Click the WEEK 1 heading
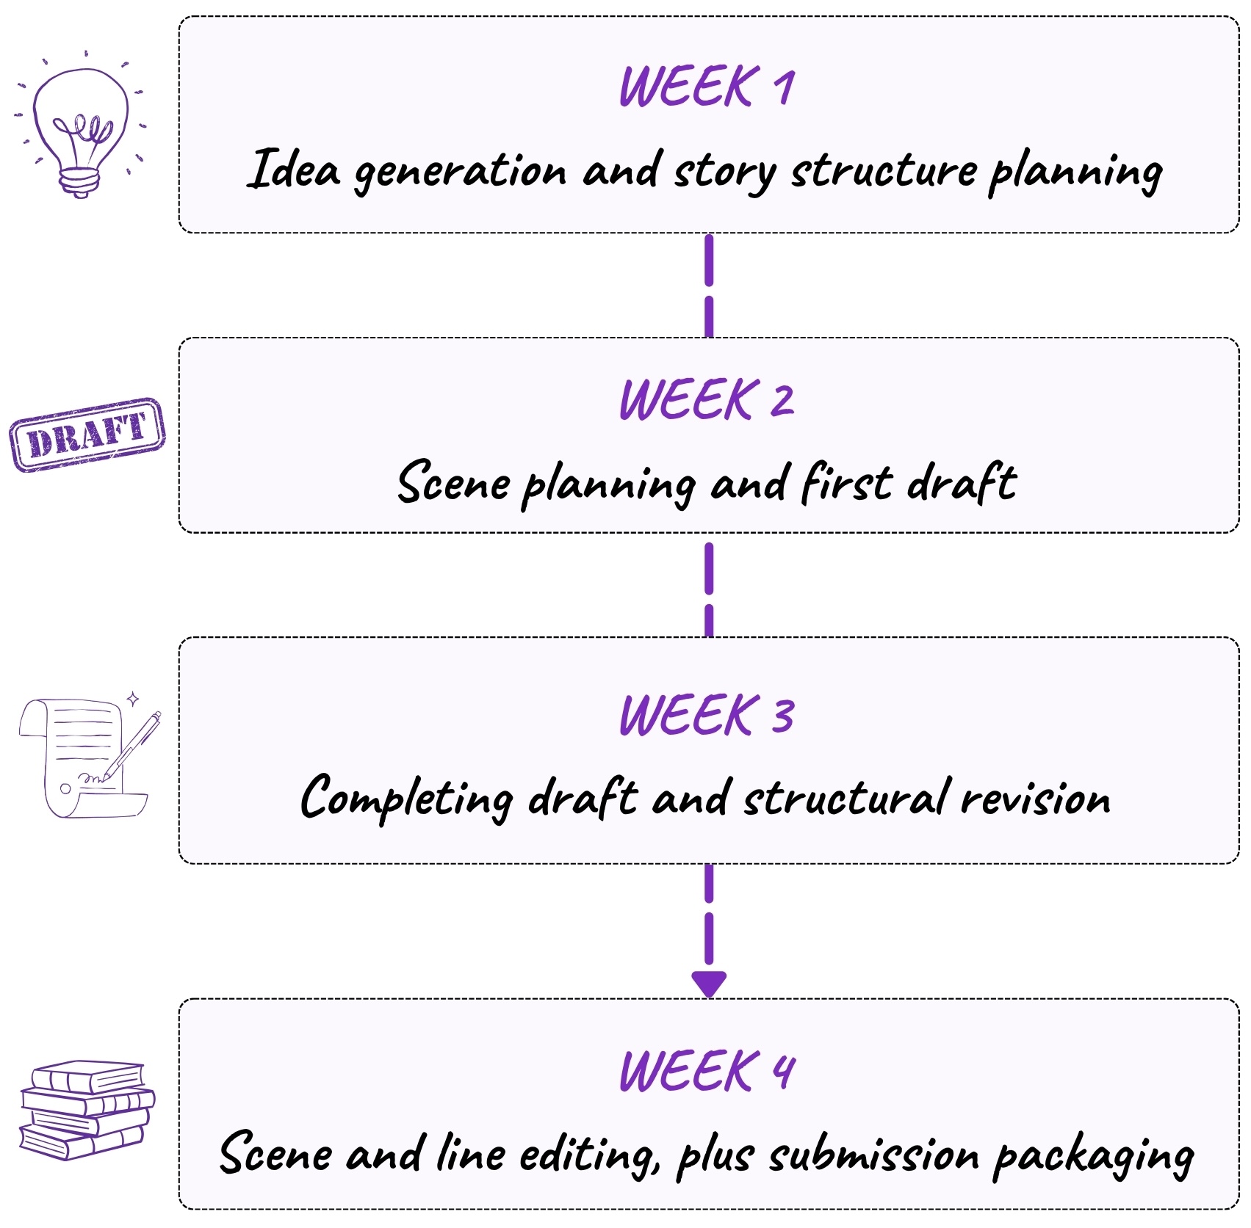[x=707, y=87]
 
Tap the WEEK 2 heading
[x=707, y=400]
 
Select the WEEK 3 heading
[x=707, y=715]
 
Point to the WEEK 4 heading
[x=707, y=1071]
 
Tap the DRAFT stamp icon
[x=87, y=435]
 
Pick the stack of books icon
[x=87, y=1110]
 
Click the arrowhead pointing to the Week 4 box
[x=709, y=984]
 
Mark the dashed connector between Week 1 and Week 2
[x=709, y=286]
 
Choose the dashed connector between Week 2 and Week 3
[x=709, y=589]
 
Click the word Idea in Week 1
[x=293, y=170]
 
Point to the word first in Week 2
[x=846, y=483]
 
